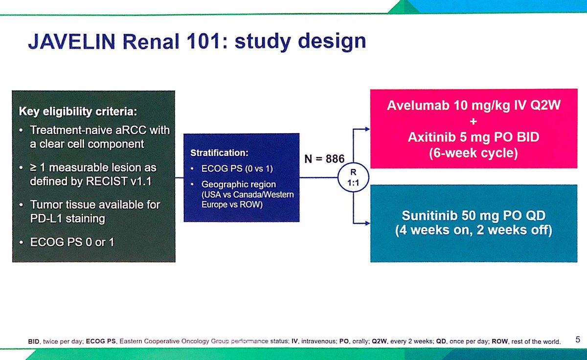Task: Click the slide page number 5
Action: [x=578, y=339]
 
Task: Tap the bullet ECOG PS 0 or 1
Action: [x=72, y=242]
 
